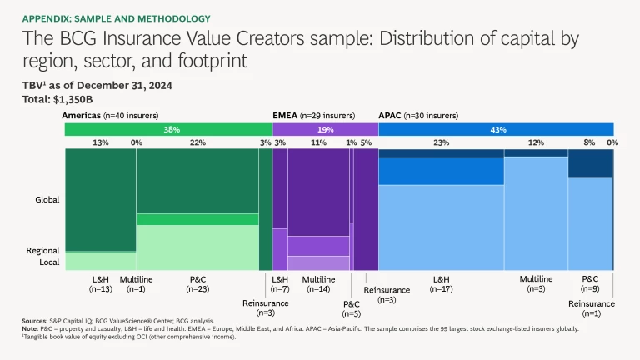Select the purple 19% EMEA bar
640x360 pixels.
click(x=326, y=129)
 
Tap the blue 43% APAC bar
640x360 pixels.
click(x=497, y=129)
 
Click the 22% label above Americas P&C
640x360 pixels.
click(x=197, y=143)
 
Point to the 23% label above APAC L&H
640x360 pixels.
click(x=441, y=143)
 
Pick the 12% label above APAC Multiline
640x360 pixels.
click(x=536, y=143)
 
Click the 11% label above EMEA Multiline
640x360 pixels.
click(x=318, y=143)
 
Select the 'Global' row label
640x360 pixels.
click(x=47, y=200)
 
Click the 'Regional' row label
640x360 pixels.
click(x=42, y=250)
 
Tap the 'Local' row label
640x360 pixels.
click(x=48, y=262)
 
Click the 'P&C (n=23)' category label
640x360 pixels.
click(x=197, y=284)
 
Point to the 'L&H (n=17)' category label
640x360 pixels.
click(x=441, y=284)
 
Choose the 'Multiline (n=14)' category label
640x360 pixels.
click(x=318, y=284)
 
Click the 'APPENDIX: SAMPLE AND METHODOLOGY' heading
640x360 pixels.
click(x=116, y=18)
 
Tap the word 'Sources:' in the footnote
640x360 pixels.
click(x=36, y=321)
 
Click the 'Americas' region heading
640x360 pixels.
click(x=83, y=115)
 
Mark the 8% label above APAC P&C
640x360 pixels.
click(x=590, y=143)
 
